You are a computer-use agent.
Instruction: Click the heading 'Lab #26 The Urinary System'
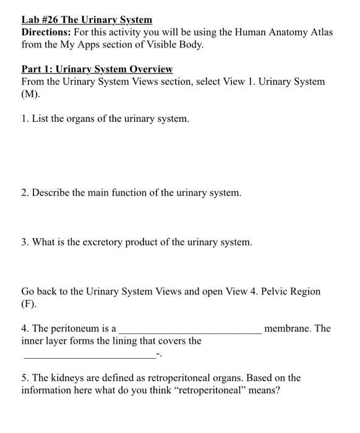pos(87,20)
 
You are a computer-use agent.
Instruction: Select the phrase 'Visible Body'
pos(175,45)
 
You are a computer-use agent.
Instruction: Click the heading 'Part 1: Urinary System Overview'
pos(97,69)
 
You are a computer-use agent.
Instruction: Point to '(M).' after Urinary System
pos(31,94)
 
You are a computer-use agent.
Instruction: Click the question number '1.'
pos(25,118)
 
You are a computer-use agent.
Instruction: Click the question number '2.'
pos(25,193)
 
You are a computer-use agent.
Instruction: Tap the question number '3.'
pos(25,242)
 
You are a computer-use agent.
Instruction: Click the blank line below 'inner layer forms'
pos(89,356)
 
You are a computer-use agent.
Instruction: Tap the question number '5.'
pos(25,378)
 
